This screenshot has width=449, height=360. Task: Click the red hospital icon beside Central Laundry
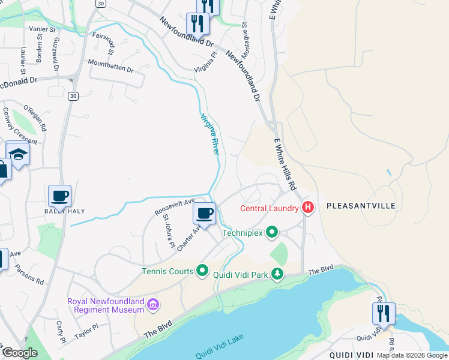pos(308,208)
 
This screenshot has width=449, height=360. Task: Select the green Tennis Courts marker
pos(202,271)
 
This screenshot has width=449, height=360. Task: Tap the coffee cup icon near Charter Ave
pos(204,212)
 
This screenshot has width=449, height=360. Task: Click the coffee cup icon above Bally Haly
pos(59,195)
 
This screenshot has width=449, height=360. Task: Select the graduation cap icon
pos(19,154)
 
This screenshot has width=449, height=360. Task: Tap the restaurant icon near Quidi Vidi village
pos(383,313)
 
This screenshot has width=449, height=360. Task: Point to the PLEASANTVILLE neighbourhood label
pos(361,206)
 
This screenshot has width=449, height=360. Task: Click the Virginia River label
pos(209,134)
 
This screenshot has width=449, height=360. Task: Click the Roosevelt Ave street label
pos(175,207)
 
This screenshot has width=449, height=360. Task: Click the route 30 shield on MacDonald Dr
pos(73,95)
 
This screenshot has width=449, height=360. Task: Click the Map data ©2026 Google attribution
pos(412,355)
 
